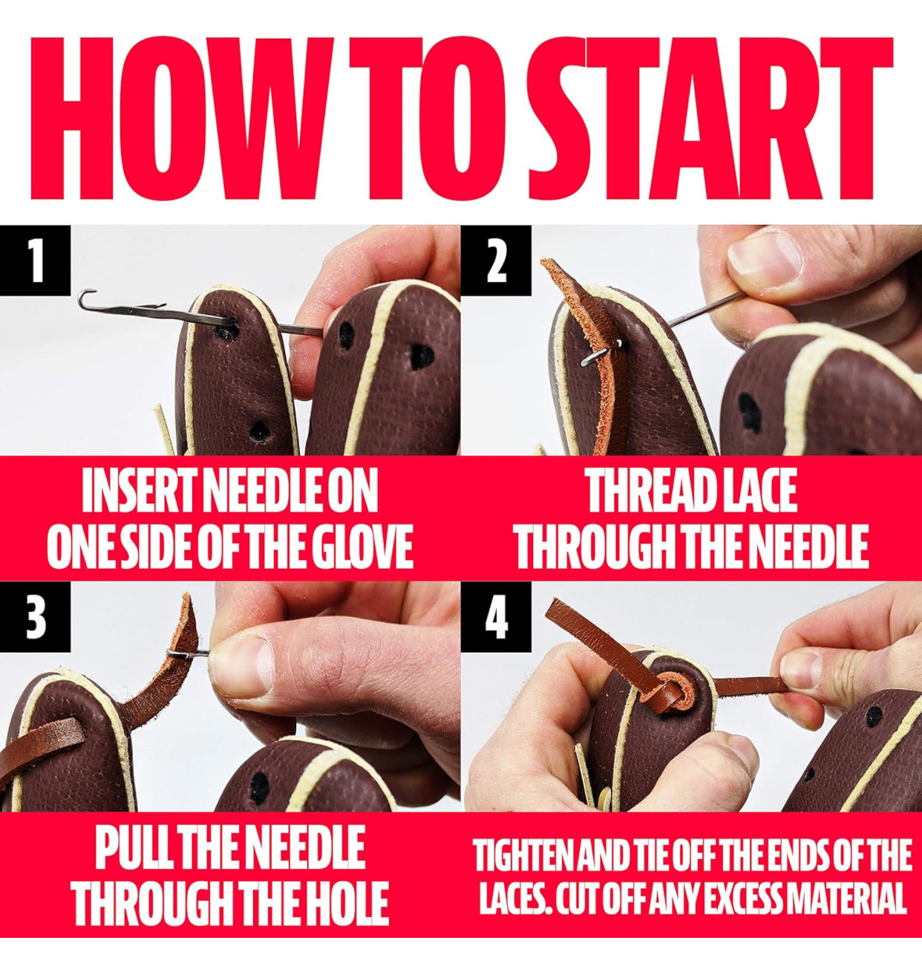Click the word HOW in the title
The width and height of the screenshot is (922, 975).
coord(182,118)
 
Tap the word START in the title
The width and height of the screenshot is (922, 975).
coord(710,118)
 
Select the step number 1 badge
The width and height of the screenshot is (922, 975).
coord(35,261)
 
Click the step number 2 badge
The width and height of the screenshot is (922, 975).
coord(496,261)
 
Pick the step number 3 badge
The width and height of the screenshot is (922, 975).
coord(35,616)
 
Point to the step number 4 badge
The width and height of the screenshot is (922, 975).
coord(496,616)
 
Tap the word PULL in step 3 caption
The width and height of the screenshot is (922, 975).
coord(131,847)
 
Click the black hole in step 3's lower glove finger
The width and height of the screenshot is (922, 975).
coord(259,784)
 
